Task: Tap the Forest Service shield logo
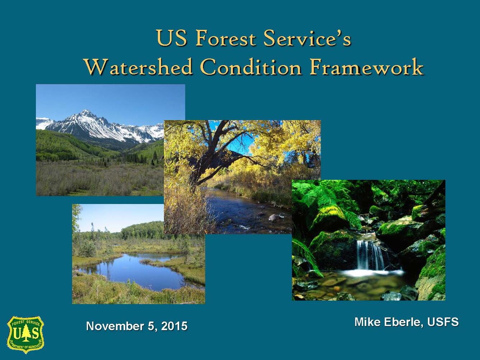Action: point(26,334)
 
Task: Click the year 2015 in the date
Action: point(174,326)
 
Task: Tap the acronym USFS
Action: point(443,322)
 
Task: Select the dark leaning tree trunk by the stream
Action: point(201,169)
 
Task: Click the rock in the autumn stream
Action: point(275,217)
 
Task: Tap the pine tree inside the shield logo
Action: point(26,333)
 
